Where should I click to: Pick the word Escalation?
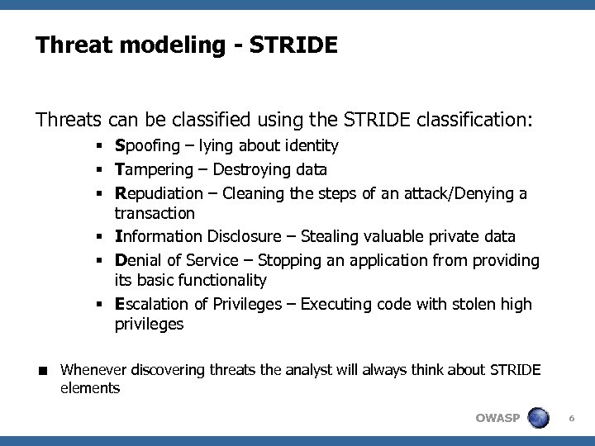coord(153,305)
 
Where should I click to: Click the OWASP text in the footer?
coord(497,418)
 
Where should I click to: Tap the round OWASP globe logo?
coord(540,417)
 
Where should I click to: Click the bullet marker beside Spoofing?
coord(98,147)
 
